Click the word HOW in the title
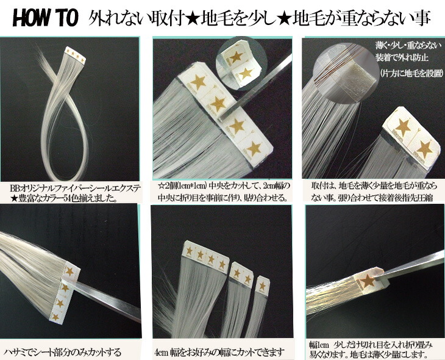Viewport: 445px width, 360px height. (x=30, y=18)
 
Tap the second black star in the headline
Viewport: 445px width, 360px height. (x=285, y=18)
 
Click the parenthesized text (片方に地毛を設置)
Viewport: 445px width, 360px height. (x=411, y=74)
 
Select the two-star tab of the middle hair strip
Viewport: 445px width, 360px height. (x=241, y=273)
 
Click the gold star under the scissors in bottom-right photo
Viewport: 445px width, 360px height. (x=368, y=281)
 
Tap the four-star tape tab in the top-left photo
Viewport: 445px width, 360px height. (x=75, y=55)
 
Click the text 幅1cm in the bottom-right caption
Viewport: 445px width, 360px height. (x=318, y=345)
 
